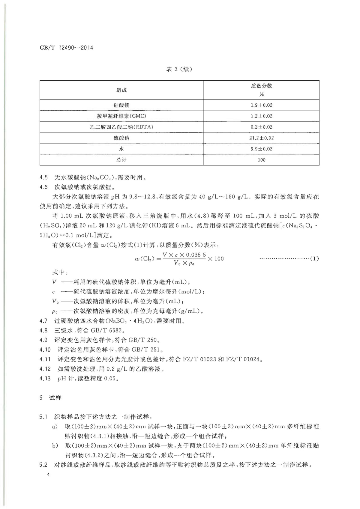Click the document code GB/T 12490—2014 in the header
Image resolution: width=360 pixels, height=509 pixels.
pos(66,48)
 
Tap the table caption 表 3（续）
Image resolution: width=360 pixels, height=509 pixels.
pos(179,69)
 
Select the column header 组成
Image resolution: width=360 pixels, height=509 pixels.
pos(121,90)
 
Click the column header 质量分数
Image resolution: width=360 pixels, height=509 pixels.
pos(261,86)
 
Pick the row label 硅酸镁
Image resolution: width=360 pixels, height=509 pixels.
pos(121,105)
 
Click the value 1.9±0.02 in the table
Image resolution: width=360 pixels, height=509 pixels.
pos(261,105)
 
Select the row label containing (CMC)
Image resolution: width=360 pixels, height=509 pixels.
pos(121,116)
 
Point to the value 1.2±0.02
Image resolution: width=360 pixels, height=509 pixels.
pos(261,116)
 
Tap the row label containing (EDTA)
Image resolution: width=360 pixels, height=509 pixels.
pos(121,127)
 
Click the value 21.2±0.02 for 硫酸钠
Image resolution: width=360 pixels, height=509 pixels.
pos(261,138)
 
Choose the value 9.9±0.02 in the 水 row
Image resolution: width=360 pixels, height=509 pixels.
pos(261,149)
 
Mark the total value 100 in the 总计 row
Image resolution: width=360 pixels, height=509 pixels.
pos(261,160)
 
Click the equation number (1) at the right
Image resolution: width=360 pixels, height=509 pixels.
pos(314,258)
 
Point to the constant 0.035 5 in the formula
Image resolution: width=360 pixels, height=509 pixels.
pos(196,255)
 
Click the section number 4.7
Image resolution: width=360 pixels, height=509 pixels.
pos(43,321)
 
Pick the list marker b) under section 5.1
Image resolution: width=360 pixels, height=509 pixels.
pos(55,445)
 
